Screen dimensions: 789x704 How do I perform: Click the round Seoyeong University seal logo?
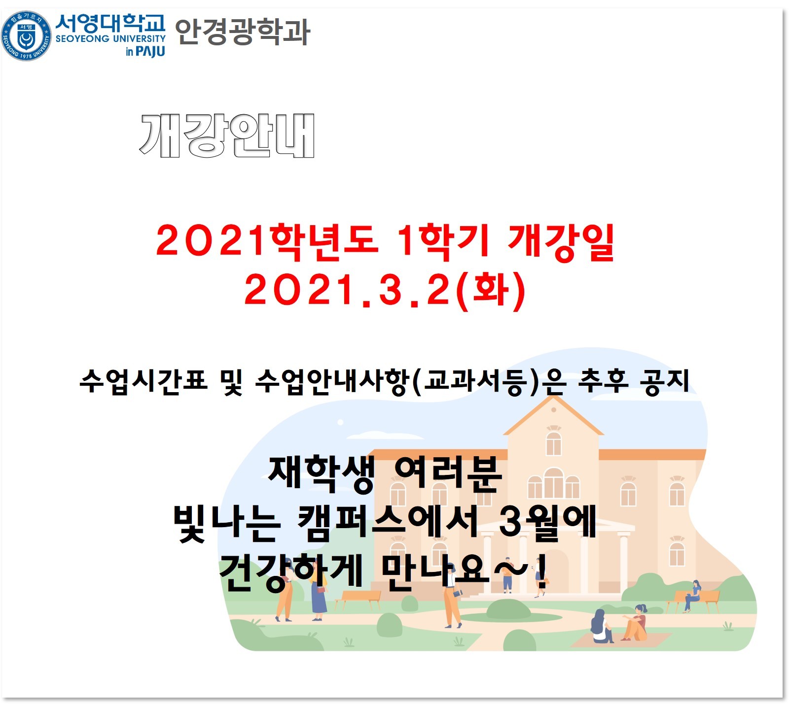26,36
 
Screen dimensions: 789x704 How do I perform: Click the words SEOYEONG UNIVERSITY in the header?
110,38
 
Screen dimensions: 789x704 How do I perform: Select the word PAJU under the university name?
150,51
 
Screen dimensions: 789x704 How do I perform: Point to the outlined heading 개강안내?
227,135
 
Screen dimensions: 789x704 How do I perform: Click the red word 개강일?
561,242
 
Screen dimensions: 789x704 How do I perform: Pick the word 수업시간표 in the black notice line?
143,381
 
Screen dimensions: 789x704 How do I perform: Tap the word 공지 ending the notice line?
664,382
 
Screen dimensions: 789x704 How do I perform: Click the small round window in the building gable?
553,409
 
